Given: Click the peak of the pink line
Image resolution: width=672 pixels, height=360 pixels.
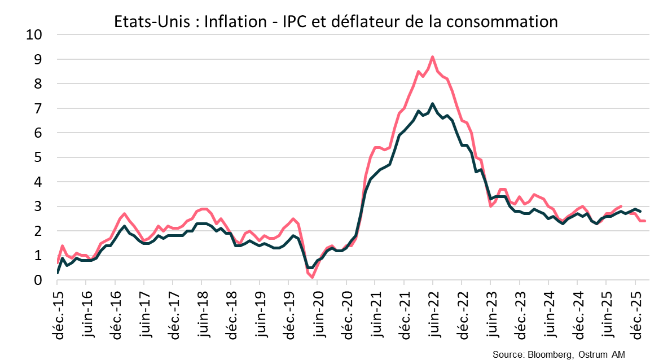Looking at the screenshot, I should (432, 56).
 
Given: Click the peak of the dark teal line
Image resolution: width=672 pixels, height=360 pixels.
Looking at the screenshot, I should (432, 103).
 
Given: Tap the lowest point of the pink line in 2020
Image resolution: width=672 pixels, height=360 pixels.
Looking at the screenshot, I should (312, 277).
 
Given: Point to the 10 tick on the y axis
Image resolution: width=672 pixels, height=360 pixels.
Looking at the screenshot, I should (34, 34).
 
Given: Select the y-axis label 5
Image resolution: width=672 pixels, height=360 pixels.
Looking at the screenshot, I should (38, 157).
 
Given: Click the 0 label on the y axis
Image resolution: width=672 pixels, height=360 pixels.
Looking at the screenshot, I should (38, 280).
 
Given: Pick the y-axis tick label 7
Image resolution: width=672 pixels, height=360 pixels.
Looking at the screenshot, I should (38, 108).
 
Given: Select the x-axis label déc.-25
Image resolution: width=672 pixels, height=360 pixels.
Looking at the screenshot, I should (635, 317).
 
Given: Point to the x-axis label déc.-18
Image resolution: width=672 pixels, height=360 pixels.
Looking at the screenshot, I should (230, 317).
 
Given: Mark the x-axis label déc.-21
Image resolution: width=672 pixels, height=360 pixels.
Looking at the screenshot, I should (403, 317).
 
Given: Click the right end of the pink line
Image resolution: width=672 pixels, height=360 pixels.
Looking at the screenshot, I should (645, 221).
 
